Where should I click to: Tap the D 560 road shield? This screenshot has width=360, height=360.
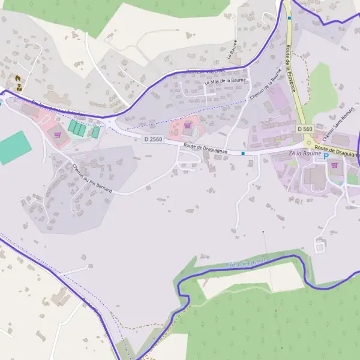click(x=305, y=129)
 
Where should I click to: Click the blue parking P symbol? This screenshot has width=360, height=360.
click(x=326, y=156)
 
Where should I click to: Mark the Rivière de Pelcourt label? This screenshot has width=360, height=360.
click(x=246, y=263)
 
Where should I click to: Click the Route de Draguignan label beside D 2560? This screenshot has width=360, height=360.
click(x=206, y=148)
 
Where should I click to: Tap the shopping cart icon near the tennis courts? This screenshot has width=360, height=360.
click(x=58, y=135)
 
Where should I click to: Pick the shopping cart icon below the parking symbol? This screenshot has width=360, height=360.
click(x=334, y=165)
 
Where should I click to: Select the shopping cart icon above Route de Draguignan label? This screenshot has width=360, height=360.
click(x=187, y=125)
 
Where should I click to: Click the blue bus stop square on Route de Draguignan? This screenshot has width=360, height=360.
click(x=243, y=153)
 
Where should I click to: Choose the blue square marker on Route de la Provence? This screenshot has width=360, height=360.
click(x=289, y=18)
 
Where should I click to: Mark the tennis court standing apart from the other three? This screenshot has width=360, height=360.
click(x=95, y=131)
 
